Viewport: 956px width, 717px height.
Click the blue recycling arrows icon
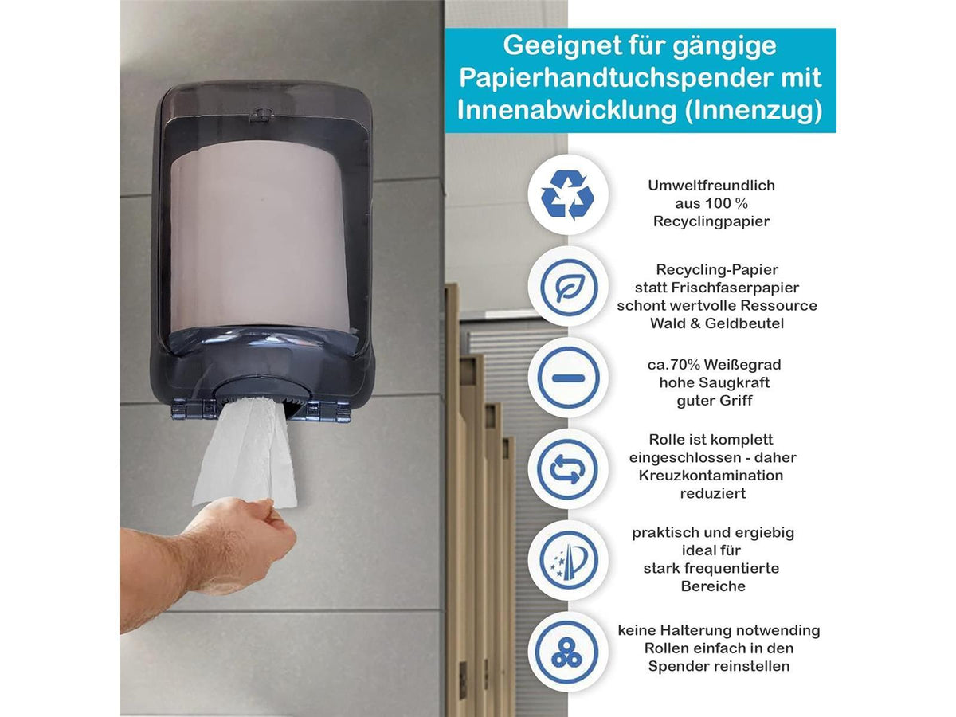[567, 194]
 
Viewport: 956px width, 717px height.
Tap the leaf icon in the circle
[568, 288]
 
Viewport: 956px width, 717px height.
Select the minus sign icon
[568, 378]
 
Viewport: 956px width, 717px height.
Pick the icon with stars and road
[568, 560]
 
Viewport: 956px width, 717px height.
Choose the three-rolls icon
[566, 652]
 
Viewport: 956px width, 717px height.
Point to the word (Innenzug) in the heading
[754, 111]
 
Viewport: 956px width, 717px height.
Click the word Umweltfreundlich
[711, 186]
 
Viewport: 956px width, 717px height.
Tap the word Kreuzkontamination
[711, 476]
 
